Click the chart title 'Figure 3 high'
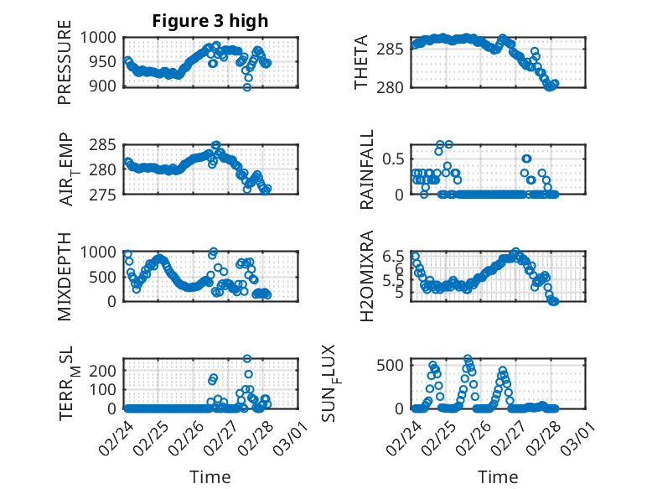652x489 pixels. point(210,21)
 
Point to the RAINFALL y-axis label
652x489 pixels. point(367,169)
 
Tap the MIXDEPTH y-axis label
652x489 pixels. point(65,276)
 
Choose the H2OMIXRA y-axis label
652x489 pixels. point(367,276)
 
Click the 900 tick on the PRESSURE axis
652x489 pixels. point(106,86)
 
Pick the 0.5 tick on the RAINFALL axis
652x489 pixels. point(395,159)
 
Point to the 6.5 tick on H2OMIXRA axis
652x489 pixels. point(395,256)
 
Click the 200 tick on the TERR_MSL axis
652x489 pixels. point(106,370)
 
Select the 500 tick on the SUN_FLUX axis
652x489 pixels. point(394,364)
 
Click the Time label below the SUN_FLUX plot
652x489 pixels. point(498,476)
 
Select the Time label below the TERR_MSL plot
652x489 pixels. point(210,476)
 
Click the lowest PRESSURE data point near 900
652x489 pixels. point(247,86)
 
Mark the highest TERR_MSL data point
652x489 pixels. point(247,359)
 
